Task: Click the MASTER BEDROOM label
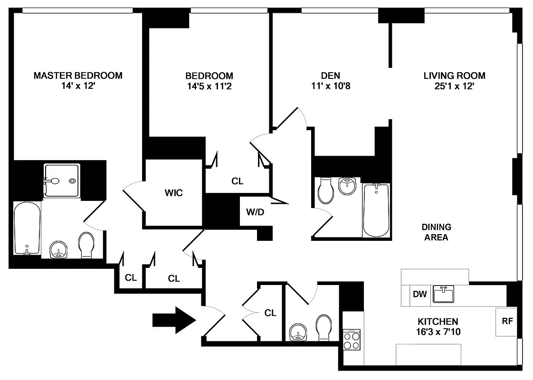tap(78, 76)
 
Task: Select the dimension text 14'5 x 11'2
tap(209, 86)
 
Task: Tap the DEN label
tap(331, 76)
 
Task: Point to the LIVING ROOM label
tap(454, 76)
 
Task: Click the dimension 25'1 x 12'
tap(454, 86)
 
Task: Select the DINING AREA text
tap(436, 232)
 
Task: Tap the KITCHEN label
tap(438, 322)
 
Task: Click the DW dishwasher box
tap(419, 294)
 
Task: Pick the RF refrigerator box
tap(507, 321)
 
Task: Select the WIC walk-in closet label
tap(173, 193)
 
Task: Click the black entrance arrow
tap(174, 320)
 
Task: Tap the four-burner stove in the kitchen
tap(352, 340)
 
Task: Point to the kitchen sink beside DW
tap(443, 294)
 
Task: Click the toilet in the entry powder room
tap(324, 328)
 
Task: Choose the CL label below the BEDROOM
tap(237, 181)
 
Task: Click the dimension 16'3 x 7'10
tap(438, 332)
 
